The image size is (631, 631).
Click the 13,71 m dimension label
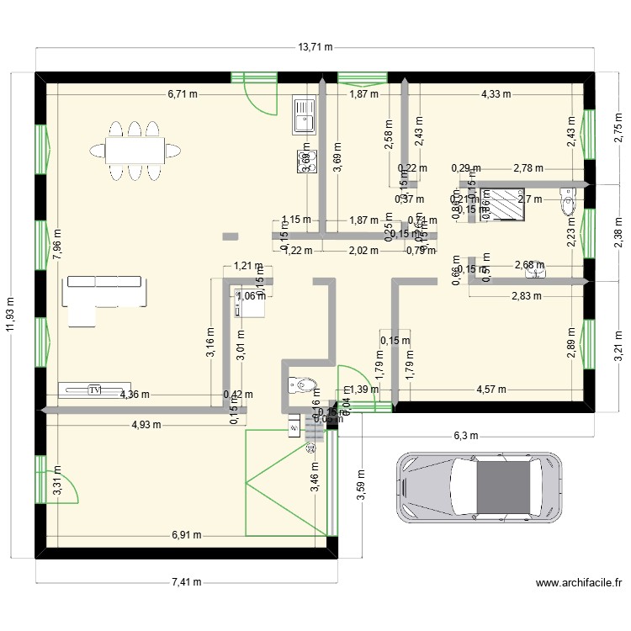(316, 47)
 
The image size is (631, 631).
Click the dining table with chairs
(135, 150)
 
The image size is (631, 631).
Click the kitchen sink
(302, 114)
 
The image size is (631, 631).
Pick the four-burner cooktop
(302, 159)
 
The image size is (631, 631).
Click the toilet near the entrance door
(302, 385)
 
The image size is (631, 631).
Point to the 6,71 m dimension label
(183, 94)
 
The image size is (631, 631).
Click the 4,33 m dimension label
(496, 94)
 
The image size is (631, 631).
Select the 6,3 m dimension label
(464, 436)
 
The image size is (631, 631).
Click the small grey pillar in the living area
(230, 236)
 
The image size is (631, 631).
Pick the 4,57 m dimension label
(492, 390)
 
